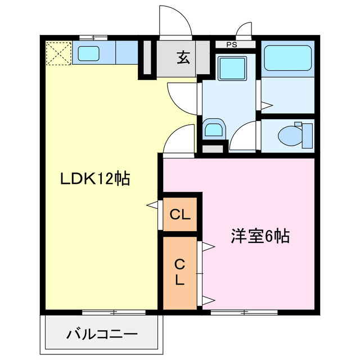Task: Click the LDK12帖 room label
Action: pyautogui.click(x=95, y=179)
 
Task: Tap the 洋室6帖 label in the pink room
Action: pyautogui.click(x=259, y=236)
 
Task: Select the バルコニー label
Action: pyautogui.click(x=102, y=335)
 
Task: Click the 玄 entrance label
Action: pyautogui.click(x=183, y=57)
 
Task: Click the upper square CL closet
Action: pyautogui.click(x=180, y=214)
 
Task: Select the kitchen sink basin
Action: pyautogui.click(x=88, y=53)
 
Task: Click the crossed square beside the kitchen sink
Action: pyautogui.click(x=57, y=53)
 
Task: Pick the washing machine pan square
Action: pyautogui.click(x=229, y=69)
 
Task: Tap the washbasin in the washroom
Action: pyautogui.click(x=214, y=129)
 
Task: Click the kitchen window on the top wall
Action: pyautogui.click(x=93, y=37)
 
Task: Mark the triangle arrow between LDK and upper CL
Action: pyautogui.click(x=152, y=205)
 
